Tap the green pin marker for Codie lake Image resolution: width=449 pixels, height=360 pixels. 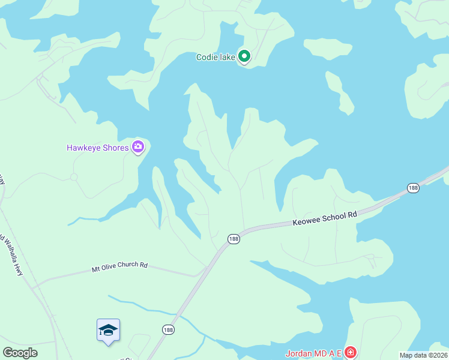(x=244, y=56)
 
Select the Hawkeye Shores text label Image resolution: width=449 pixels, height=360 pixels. (x=97, y=148)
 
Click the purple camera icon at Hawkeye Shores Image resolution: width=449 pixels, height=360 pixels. (x=139, y=146)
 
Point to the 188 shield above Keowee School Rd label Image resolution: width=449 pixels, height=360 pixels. (x=413, y=188)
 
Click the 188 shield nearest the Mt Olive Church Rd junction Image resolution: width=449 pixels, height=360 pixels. (x=234, y=239)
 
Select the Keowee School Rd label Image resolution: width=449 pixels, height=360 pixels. (x=325, y=218)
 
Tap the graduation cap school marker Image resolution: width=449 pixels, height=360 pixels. (x=108, y=330)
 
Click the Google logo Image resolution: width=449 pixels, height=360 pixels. (x=20, y=352)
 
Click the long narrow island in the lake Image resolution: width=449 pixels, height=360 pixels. (x=340, y=92)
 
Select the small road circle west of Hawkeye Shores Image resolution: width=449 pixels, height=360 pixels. (x=74, y=177)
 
